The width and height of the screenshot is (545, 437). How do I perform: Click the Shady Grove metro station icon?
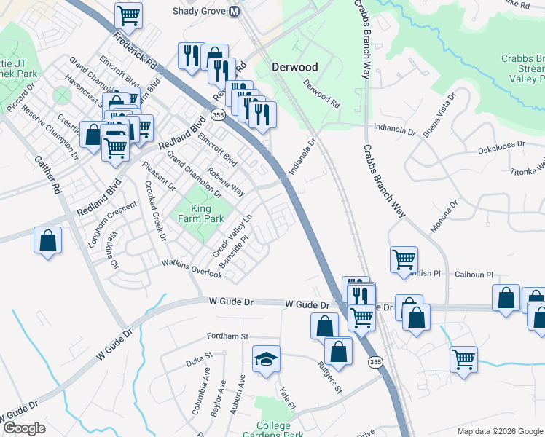point(235,12)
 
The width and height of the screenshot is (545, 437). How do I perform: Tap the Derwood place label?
point(294,67)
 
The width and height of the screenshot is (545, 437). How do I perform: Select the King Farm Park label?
point(201,213)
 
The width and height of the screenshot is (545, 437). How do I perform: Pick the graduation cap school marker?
point(265,360)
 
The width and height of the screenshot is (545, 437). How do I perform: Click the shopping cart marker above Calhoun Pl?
point(404,259)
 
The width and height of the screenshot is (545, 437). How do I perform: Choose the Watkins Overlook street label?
point(192,269)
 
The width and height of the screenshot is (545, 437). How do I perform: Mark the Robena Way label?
point(226,182)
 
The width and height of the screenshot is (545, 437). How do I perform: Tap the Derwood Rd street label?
point(321,94)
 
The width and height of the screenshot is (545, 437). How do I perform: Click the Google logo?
point(24,428)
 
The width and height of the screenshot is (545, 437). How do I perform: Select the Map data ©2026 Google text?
point(499,431)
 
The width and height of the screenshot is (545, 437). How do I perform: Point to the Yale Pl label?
point(286,396)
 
